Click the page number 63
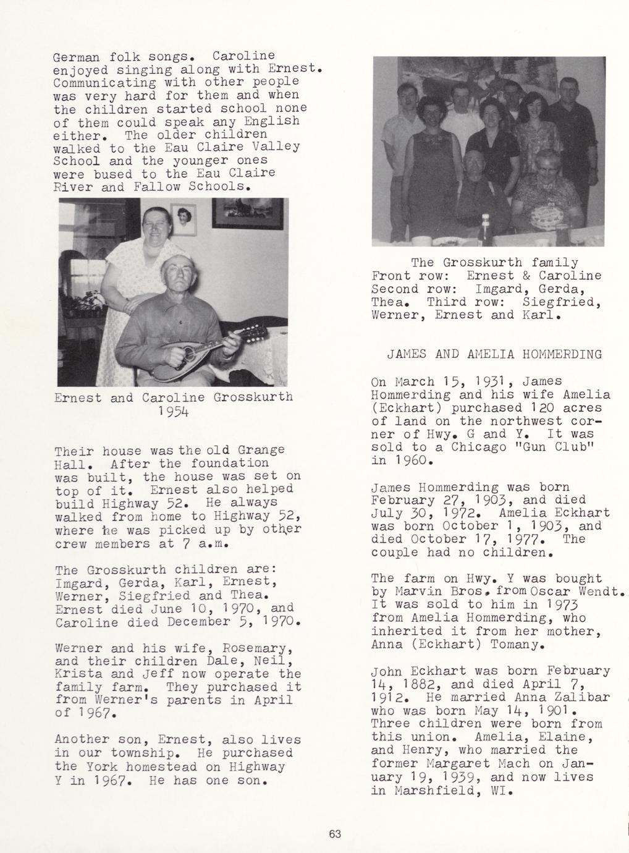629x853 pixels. click(335, 834)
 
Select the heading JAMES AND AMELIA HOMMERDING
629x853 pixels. click(494, 355)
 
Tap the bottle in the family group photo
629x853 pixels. click(486, 230)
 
